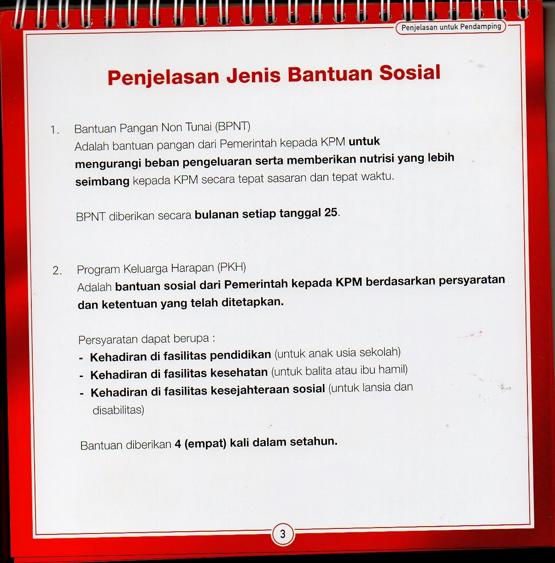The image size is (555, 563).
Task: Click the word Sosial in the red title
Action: click(410, 73)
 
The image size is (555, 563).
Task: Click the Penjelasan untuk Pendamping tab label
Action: click(451, 27)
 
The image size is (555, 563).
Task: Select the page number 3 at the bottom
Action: click(283, 534)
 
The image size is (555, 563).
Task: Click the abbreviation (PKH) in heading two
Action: click(232, 267)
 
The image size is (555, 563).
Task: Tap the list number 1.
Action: click(55, 130)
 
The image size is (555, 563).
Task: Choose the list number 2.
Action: click(57, 271)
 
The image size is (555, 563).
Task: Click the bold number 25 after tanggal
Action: click(331, 213)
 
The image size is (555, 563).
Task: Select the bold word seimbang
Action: click(102, 181)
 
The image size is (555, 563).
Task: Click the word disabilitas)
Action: click(118, 410)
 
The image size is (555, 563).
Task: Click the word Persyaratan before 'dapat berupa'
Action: click(108, 340)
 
